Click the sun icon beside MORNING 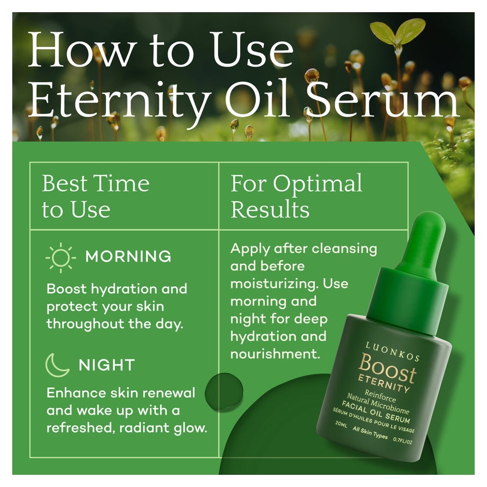click(61, 258)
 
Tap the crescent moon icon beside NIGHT click(57, 365)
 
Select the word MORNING click(128, 256)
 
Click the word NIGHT click(107, 365)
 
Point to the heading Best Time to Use click(96, 197)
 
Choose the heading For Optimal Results click(296, 197)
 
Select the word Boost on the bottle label click(387, 369)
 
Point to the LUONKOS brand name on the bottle click(392, 351)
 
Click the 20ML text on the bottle click(341, 424)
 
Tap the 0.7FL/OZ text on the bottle click(402, 441)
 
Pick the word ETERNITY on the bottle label click(384, 384)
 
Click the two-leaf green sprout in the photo click(397, 32)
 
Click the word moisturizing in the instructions click(274, 284)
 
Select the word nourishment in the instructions click(275, 354)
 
